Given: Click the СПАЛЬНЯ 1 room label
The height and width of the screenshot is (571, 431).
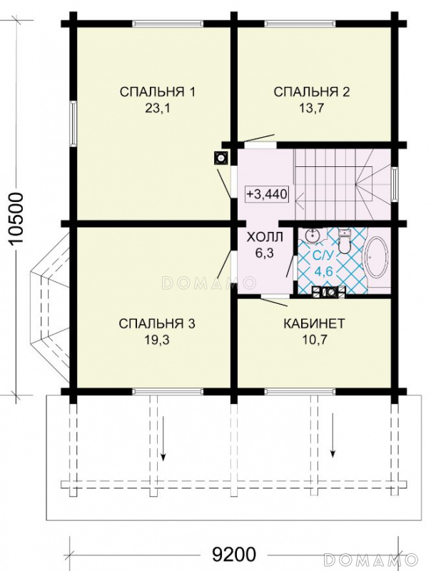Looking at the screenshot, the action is tap(157, 92).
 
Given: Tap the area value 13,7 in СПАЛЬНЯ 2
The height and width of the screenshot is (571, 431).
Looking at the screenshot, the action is tap(312, 108).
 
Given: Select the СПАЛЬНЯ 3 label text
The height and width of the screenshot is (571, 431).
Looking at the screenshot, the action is tap(157, 324).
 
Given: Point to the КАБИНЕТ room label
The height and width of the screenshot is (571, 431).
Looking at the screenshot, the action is tap(314, 323).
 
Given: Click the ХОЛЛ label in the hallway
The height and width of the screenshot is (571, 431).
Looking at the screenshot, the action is tap(265, 238).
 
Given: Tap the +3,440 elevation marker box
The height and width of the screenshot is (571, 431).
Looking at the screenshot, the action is tap(267, 193).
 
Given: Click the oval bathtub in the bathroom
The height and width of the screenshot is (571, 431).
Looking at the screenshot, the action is tap(377, 260).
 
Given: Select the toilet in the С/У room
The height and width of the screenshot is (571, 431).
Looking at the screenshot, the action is tap(344, 241).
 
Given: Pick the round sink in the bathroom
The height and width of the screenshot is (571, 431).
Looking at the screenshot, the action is tap(313, 236).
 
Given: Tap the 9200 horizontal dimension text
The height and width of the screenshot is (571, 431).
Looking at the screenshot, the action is tap(234, 555).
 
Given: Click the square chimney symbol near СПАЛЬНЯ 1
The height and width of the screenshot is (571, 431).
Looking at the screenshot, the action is tap(221, 158).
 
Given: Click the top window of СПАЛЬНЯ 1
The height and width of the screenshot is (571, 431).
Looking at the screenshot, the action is tap(167, 24).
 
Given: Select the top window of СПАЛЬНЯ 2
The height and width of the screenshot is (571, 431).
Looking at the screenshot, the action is tap(300, 24).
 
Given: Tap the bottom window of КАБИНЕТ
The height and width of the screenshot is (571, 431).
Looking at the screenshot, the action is tap(300, 391).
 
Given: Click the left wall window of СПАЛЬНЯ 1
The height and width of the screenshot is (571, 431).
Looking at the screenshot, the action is tap(73, 123).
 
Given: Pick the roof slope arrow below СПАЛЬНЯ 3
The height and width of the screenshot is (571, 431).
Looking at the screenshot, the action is tap(163, 438).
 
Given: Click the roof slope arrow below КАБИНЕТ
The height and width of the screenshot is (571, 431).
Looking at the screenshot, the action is tap(333, 435).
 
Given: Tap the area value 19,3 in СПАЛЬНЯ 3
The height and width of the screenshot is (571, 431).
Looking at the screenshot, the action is tap(157, 340).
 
